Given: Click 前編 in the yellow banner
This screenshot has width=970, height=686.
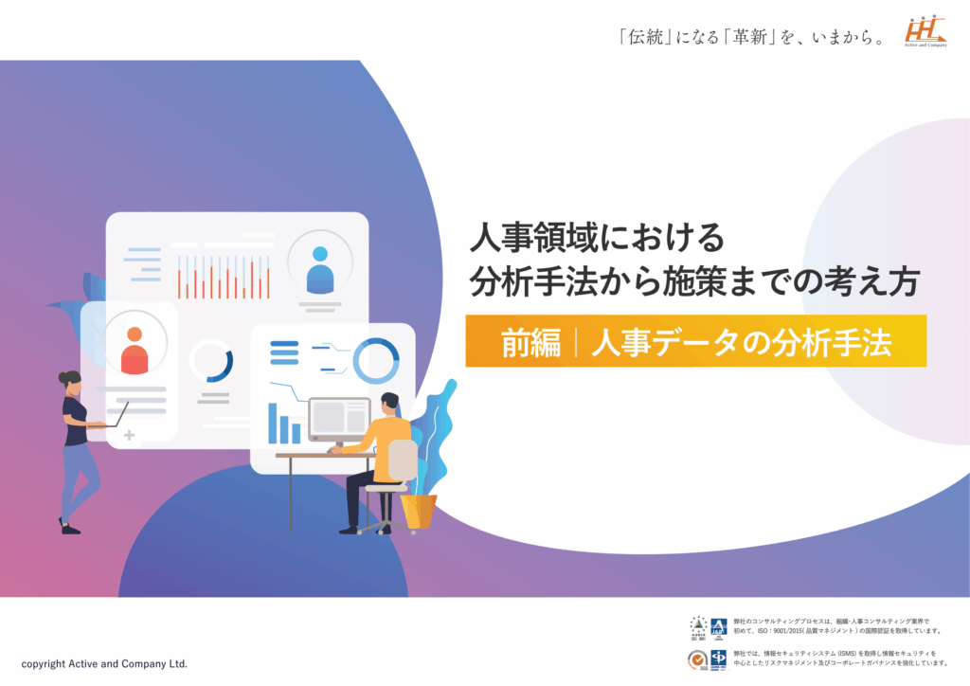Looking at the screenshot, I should click(x=530, y=343).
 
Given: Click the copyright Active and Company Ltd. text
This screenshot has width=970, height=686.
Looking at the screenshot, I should click(x=104, y=663).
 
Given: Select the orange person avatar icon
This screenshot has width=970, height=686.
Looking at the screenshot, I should click(x=135, y=349).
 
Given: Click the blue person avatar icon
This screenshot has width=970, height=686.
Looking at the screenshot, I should click(x=320, y=268).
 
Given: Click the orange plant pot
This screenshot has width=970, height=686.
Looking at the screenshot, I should click(x=418, y=511).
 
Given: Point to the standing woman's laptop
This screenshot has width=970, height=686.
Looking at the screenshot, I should click(x=114, y=417).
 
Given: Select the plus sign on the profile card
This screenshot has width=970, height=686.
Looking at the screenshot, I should click(x=129, y=436).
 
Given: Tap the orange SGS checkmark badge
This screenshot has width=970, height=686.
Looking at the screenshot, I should click(x=697, y=657).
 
